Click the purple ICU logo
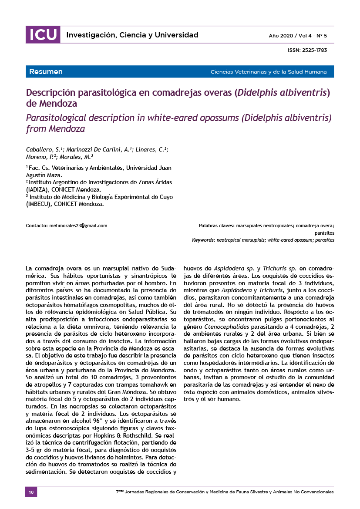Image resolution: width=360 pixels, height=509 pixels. point(43,35)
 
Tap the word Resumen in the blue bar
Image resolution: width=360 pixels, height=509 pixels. point(46,72)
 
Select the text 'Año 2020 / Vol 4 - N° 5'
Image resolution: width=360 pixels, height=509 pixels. point(298,35)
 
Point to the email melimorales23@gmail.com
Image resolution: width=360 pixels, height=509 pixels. point(78,226)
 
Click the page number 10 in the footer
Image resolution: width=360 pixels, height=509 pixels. point(31,492)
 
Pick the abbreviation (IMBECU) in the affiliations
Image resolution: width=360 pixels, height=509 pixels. point(39,204)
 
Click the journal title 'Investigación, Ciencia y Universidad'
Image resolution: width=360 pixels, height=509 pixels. point(132,35)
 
